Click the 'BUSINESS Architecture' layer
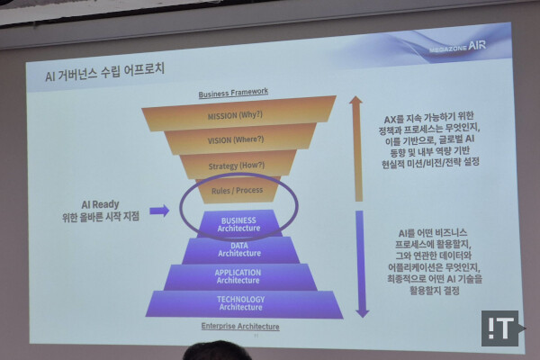pyautogui.click(x=238, y=223)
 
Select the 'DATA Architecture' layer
pyautogui.click(x=239, y=250)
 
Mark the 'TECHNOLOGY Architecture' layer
pyautogui.click(x=240, y=303)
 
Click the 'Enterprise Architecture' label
pyautogui.click(x=240, y=326)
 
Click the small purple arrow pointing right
pyautogui.click(x=158, y=211)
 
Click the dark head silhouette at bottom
pyautogui.click(x=216, y=351)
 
